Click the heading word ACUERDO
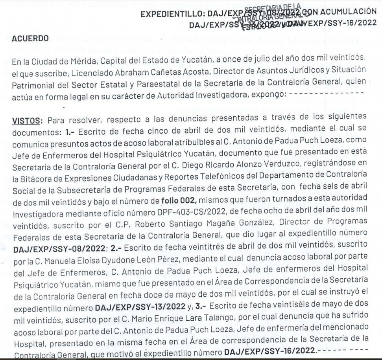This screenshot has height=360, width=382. pyautogui.click(x=30, y=39)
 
